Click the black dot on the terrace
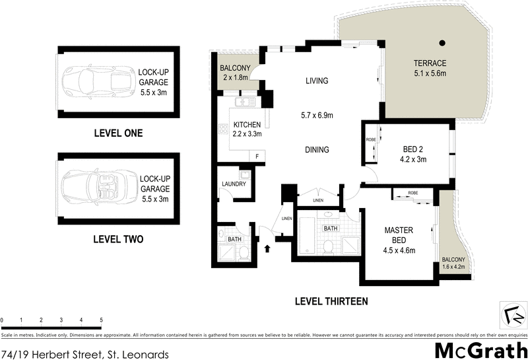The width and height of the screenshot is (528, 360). (x=443, y=44)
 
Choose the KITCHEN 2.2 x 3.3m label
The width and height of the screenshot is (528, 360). (x=246, y=129)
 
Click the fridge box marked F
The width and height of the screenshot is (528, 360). (x=257, y=156)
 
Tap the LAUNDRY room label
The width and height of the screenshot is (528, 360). (x=233, y=184)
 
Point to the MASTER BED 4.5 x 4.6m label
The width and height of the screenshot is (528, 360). (x=399, y=240)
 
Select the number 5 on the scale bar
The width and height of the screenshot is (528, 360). (x=101, y=320)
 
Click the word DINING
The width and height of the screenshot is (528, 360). (x=317, y=150)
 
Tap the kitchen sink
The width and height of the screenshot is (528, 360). (x=246, y=102)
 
